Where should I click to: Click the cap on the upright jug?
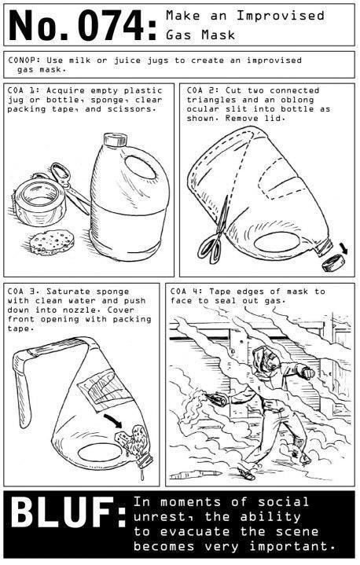coord(116,139)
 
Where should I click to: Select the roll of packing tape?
coord(39,201)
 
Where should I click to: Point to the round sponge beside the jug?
coord(52,242)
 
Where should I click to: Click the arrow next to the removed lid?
coord(343,248)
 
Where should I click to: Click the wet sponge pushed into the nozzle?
coord(132,442)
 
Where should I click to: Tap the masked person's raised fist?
coord(307,373)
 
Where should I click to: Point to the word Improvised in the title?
coord(281,16)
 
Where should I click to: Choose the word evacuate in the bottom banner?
coord(195,531)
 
